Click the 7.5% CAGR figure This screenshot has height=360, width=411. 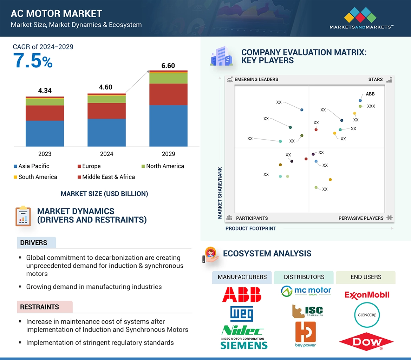click(x=33, y=60)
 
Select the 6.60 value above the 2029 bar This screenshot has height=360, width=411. click(x=168, y=66)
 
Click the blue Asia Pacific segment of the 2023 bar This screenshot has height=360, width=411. click(x=45, y=133)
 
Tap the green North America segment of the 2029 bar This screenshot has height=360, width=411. click(x=168, y=78)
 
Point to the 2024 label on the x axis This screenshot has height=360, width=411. click(x=106, y=154)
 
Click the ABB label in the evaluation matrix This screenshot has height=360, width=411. click(x=370, y=94)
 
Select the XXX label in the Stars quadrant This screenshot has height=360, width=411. click(x=371, y=106)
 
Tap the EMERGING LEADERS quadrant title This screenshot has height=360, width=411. click(x=256, y=79)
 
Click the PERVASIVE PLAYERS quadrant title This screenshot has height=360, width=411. click(x=361, y=218)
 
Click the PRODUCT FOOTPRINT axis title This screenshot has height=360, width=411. click(x=250, y=228)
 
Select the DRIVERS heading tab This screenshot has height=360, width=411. click(x=34, y=243)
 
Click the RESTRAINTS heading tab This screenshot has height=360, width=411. click(x=39, y=307)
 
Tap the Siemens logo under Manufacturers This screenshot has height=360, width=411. click(x=244, y=345)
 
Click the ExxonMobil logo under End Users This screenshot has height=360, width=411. click(x=367, y=295)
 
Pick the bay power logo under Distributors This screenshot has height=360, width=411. click(x=305, y=334)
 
